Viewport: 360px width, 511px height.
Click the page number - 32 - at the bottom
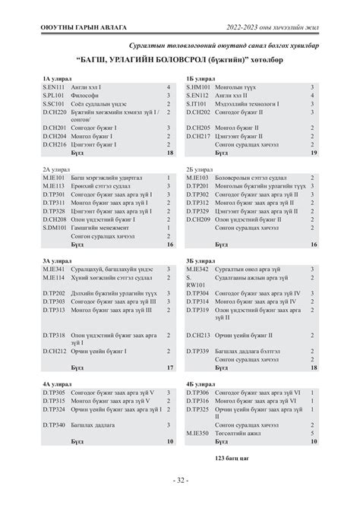pyautogui.click(x=180, y=480)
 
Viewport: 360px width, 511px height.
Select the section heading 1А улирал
pyautogui.click(x=57, y=78)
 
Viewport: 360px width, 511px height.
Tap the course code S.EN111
pyautogui.click(x=55, y=88)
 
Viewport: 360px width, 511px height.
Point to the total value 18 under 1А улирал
pyautogui.click(x=169, y=153)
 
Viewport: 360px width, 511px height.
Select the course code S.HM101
pyautogui.click(x=199, y=88)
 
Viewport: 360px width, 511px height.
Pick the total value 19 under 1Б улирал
pyautogui.click(x=313, y=153)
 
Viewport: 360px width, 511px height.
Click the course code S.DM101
pyautogui.click(x=55, y=228)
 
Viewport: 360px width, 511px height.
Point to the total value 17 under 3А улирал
pyautogui.click(x=169, y=367)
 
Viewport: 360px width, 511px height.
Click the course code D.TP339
pyautogui.click(x=198, y=351)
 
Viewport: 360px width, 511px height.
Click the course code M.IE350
pyautogui.click(x=199, y=433)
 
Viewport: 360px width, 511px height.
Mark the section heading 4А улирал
pyautogui.click(x=57, y=384)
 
